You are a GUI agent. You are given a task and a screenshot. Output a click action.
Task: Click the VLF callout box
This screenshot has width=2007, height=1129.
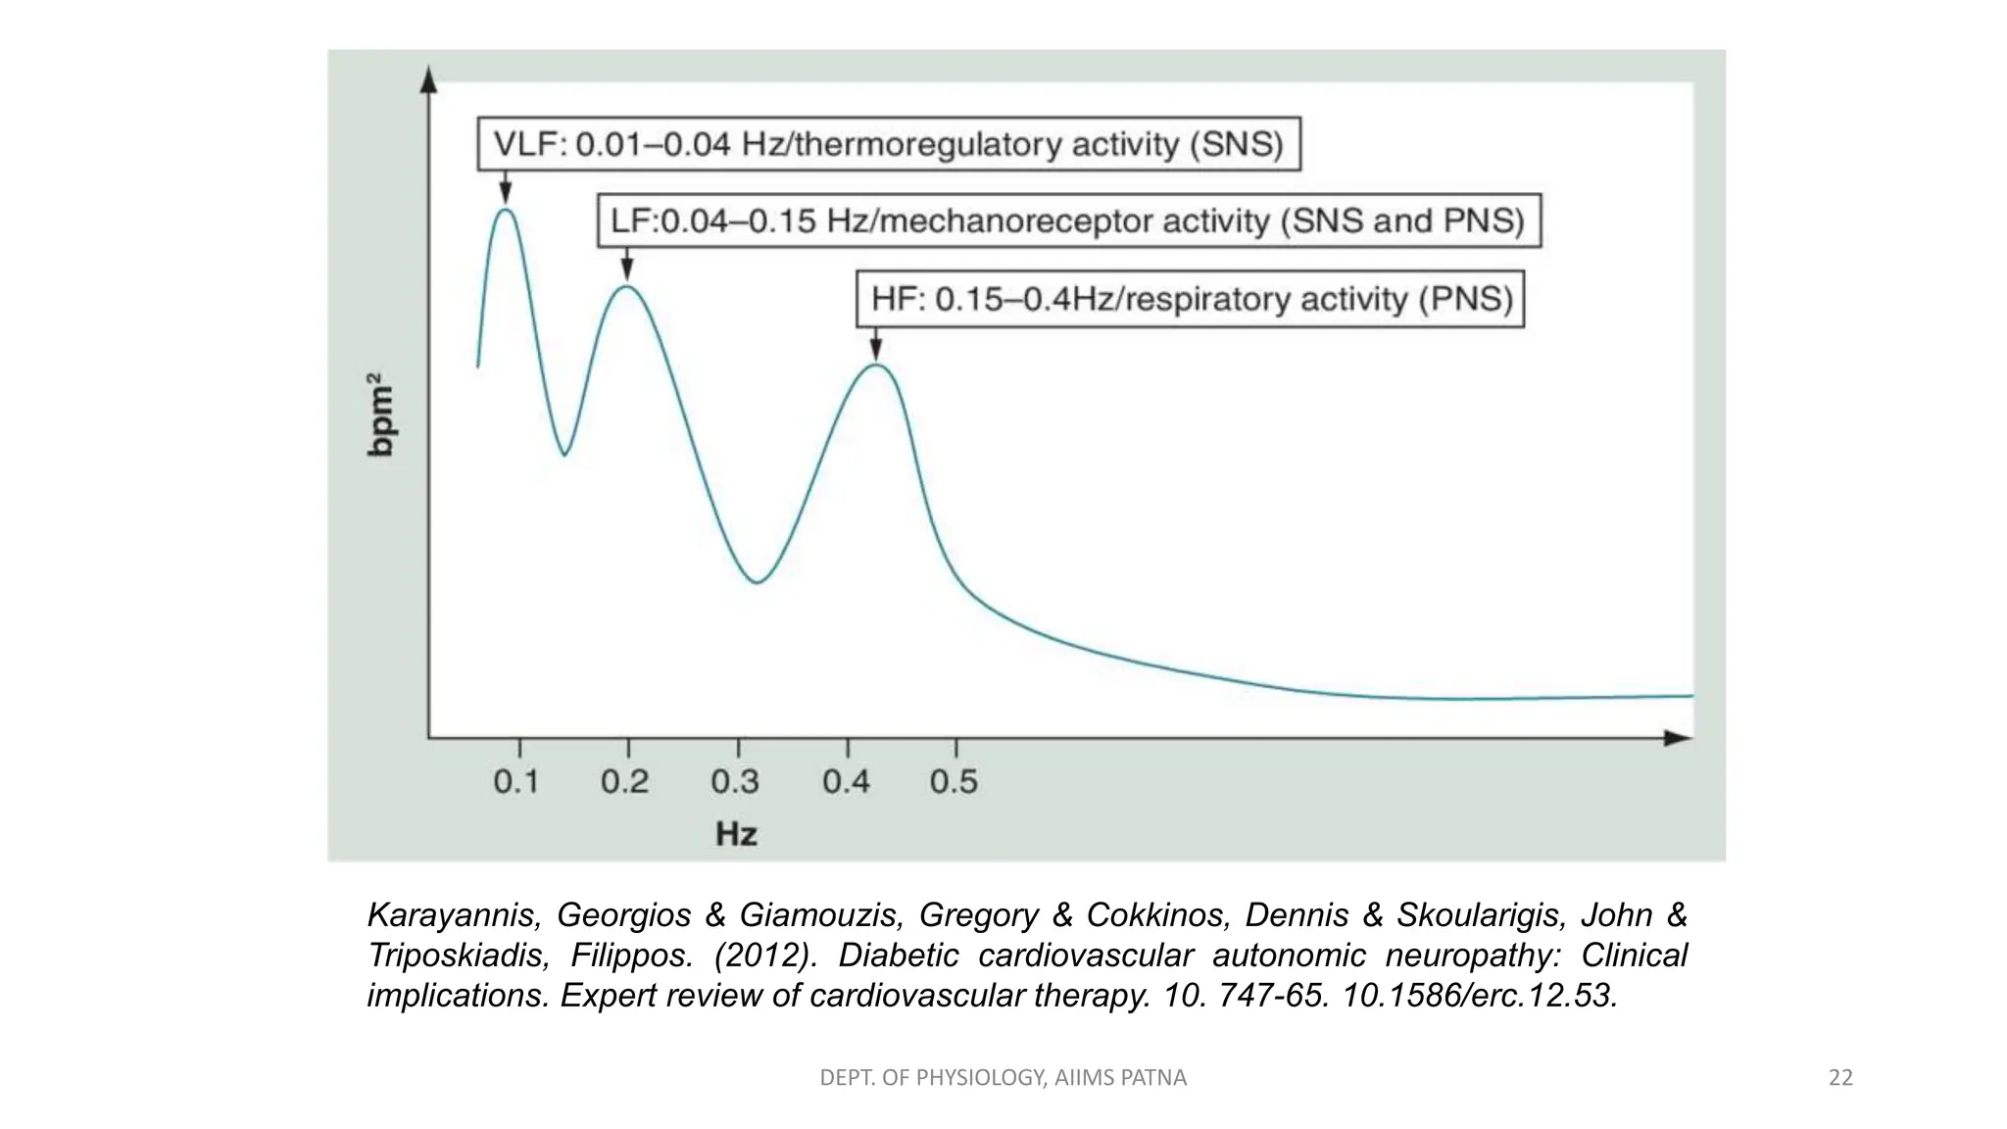coord(889,144)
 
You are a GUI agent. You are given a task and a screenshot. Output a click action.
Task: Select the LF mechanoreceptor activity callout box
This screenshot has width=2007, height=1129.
coord(1068,221)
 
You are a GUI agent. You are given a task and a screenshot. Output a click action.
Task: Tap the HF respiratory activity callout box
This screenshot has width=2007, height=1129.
coord(1191,299)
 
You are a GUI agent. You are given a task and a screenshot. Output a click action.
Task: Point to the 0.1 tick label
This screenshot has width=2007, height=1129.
coord(516,781)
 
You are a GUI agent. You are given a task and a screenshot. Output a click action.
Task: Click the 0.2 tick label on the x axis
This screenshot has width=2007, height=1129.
coord(625,781)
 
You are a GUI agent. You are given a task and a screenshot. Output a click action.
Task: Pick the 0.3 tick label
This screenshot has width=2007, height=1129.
coord(735,781)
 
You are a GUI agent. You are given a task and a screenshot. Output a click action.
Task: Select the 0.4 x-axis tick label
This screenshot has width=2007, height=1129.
coord(846,781)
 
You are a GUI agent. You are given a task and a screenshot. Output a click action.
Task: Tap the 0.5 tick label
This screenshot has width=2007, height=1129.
coord(954,781)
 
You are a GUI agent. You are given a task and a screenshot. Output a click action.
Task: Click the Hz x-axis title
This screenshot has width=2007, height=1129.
coord(736,834)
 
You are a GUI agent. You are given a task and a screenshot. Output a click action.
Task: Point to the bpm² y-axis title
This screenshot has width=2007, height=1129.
coord(380,415)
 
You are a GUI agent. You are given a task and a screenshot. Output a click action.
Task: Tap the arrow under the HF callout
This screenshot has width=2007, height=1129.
coord(876,344)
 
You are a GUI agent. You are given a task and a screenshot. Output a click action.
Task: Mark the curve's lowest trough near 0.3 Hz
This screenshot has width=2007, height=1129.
coord(758,582)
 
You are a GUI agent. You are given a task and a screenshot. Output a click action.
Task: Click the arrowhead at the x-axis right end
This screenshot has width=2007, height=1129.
coord(1680,738)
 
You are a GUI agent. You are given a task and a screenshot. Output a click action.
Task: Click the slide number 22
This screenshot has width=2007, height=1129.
coord(1840,1078)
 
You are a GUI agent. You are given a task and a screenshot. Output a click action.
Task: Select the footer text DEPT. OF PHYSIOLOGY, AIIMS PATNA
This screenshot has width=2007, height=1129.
coord(1003,1078)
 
